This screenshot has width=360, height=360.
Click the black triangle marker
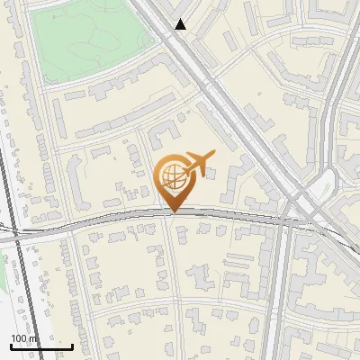click(181, 25)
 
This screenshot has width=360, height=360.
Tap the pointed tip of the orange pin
click(172, 211)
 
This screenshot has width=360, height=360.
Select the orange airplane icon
click(198, 163)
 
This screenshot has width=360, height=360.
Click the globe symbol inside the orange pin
click(172, 176)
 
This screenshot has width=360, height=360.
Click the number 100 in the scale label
click(19, 338)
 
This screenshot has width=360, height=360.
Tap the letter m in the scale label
click(35, 338)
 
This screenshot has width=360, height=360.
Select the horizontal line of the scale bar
click(40, 346)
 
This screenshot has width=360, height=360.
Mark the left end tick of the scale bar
click(11, 345)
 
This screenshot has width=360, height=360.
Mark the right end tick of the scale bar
click(72, 345)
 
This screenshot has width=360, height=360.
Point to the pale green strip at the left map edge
click(3, 279)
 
